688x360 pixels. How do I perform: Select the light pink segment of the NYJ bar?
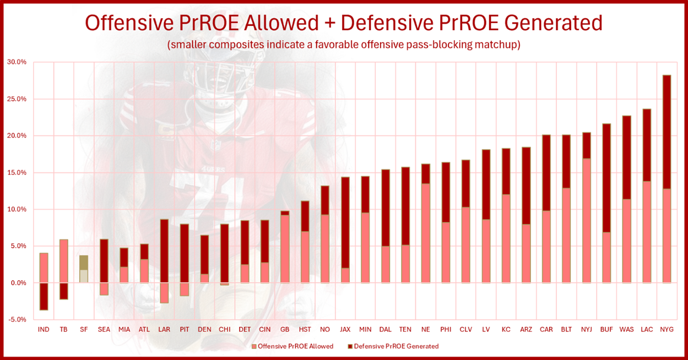pyautogui.click(x=586, y=220)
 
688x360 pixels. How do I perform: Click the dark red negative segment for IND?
pyautogui.click(x=44, y=296)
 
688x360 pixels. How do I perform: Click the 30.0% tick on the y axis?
pyautogui.click(x=17, y=62)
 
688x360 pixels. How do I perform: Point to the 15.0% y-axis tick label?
pyautogui.click(x=17, y=172)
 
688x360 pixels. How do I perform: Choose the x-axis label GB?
pyautogui.click(x=285, y=329)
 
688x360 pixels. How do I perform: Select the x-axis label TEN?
pyautogui.click(x=405, y=329)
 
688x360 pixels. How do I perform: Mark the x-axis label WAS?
pyautogui.click(x=626, y=329)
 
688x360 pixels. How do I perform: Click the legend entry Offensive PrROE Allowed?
pyautogui.click(x=295, y=346)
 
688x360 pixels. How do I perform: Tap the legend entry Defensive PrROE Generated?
pyautogui.click(x=396, y=346)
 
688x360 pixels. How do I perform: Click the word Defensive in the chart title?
pyautogui.click(x=391, y=23)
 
